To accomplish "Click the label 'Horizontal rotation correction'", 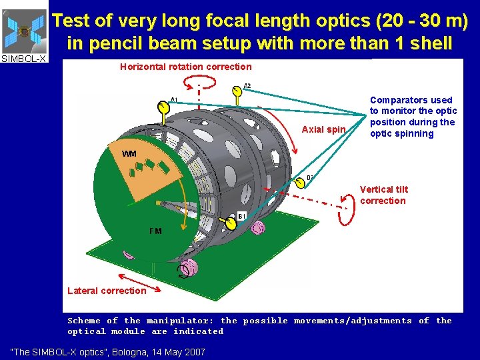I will click(185, 67).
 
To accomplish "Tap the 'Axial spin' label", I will click(324, 129).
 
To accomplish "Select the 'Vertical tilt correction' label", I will click(383, 195).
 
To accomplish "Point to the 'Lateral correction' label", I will click(107, 291).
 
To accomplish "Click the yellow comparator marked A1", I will click(163, 107).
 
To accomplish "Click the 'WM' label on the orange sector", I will click(129, 154).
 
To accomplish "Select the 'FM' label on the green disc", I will click(155, 231).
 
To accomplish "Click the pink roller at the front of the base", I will click(189, 268).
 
